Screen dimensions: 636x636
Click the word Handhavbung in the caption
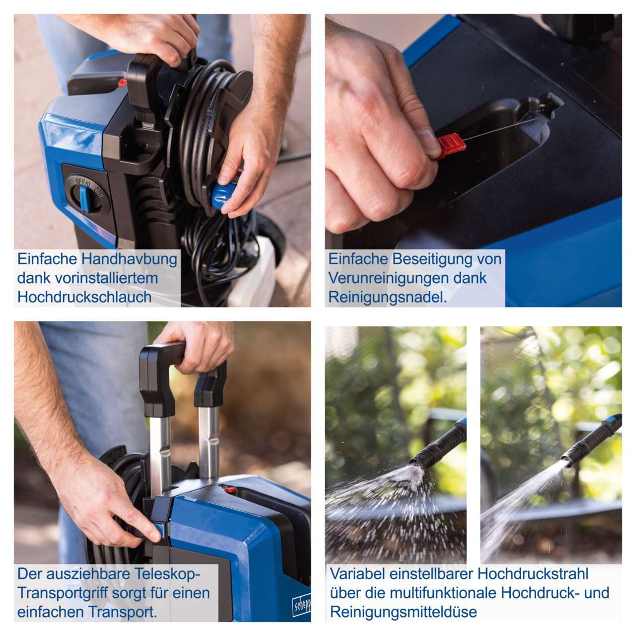(129, 259)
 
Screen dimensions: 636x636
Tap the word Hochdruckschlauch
(84, 297)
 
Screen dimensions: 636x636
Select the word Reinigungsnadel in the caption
(388, 297)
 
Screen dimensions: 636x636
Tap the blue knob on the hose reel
(224, 194)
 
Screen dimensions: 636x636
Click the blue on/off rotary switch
(84, 198)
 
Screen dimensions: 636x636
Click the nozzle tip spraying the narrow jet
(566, 460)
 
